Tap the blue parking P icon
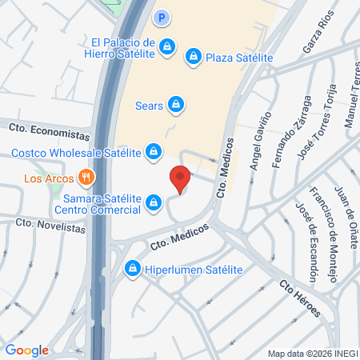[162, 17]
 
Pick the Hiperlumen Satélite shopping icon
[131, 270]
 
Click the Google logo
[27, 350]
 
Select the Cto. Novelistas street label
[50, 227]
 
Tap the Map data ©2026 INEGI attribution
[312, 354]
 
